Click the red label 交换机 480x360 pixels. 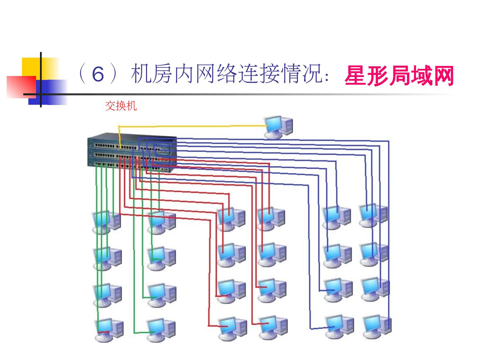121,106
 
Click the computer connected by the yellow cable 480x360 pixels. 279,127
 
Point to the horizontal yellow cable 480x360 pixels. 193,126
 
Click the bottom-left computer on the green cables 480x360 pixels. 109,329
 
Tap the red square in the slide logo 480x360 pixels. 21,87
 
